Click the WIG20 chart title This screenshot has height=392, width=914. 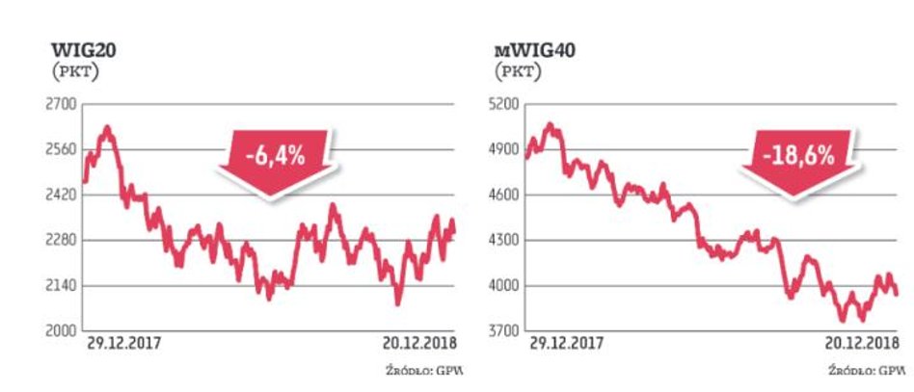click(x=72, y=49)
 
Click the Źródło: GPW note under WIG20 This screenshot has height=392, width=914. click(x=417, y=370)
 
